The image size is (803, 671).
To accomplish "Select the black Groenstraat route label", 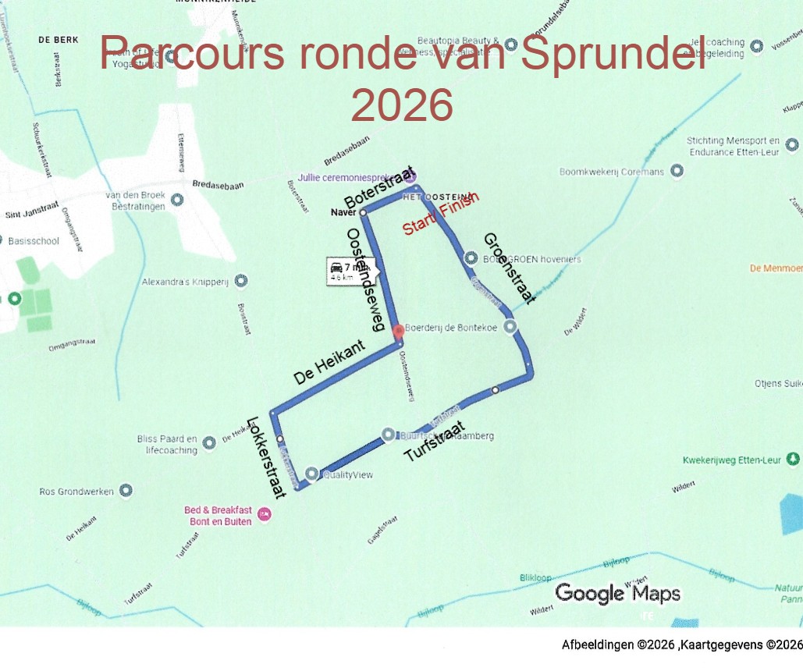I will [x=509, y=268].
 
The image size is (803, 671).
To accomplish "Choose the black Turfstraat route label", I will [x=435, y=442].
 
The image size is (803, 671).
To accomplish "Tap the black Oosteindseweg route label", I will [x=365, y=280].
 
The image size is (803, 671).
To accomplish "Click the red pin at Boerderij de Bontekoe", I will [x=399, y=331].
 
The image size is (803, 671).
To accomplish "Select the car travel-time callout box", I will [x=351, y=272].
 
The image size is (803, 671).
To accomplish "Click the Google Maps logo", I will [x=617, y=594].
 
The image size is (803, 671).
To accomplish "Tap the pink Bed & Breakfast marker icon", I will [x=265, y=513].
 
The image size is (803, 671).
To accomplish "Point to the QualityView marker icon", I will [x=312, y=474].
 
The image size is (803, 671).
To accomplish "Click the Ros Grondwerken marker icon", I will [x=125, y=491].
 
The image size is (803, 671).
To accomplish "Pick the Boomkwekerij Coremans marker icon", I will [x=677, y=171].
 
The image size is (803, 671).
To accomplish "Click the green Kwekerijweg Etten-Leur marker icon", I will [x=794, y=459].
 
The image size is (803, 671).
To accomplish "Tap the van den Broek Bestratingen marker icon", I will [x=176, y=199].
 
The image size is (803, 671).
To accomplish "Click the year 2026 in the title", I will [x=402, y=105].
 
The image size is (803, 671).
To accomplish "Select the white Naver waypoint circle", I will [x=363, y=212].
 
